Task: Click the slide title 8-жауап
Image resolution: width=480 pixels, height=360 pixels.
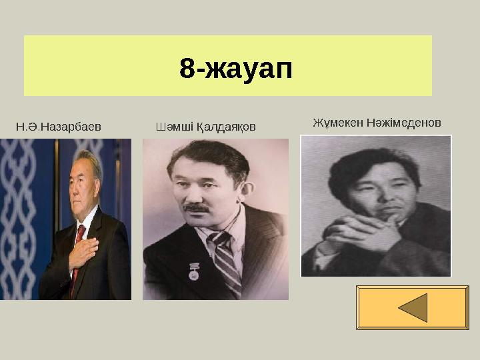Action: (236, 67)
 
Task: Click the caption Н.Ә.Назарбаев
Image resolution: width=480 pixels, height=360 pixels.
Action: (58, 125)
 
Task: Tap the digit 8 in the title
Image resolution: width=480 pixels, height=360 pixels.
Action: (187, 67)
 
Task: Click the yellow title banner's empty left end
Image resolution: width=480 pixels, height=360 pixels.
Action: (67, 67)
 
